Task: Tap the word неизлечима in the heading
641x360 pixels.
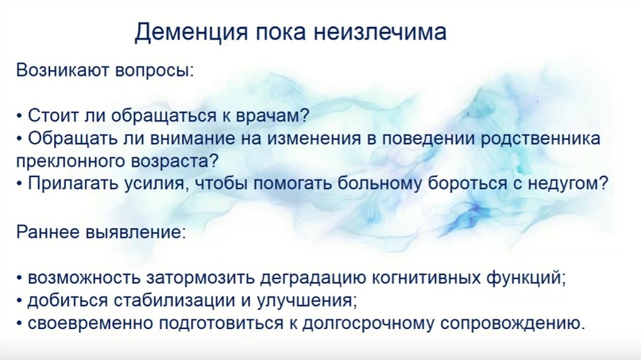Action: click(x=380, y=31)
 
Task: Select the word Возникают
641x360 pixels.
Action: click(x=63, y=70)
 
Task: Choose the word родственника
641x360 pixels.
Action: click(x=539, y=140)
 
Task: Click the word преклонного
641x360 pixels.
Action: click(x=71, y=161)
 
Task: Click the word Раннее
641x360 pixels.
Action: click(x=48, y=232)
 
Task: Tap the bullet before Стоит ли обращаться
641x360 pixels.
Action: click(x=19, y=117)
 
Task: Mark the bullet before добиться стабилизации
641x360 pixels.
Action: click(x=19, y=302)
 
